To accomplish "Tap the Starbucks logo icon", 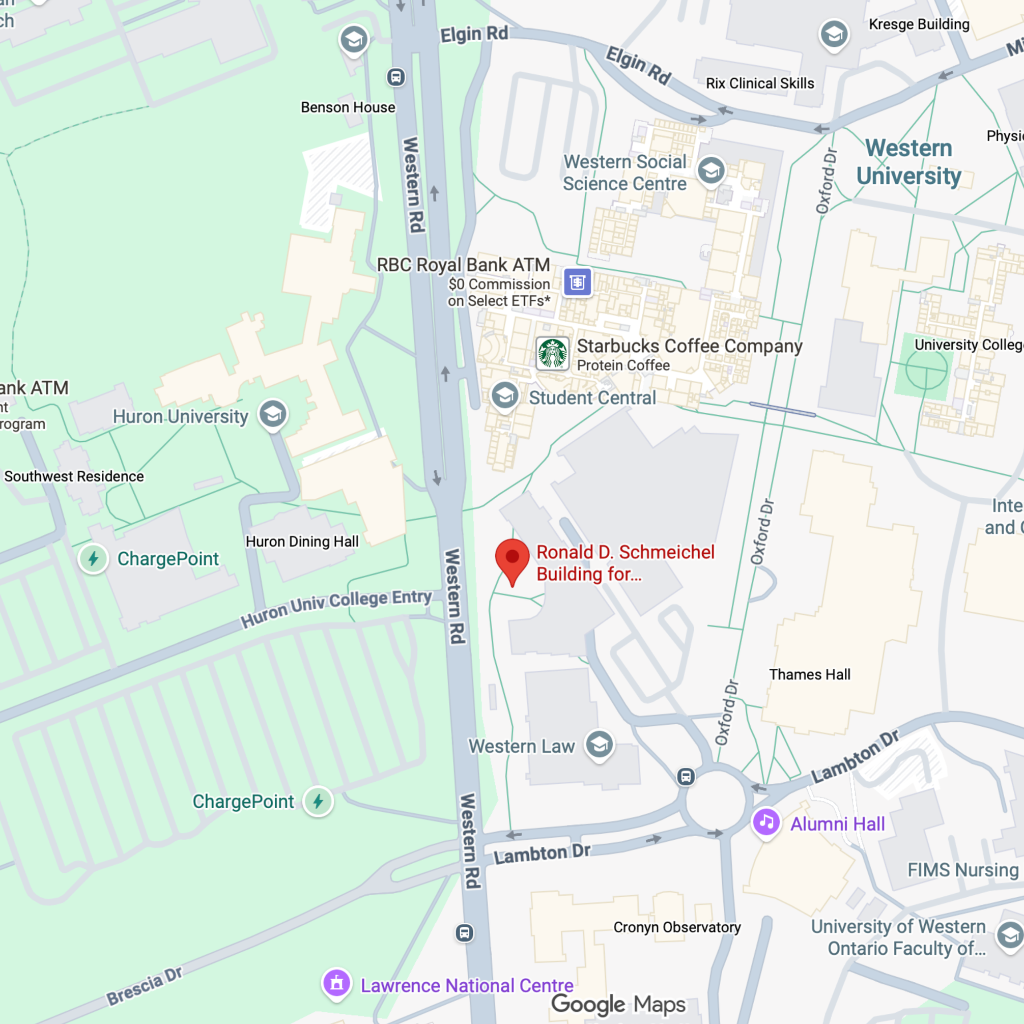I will [x=553, y=354].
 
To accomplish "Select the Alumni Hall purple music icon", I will [x=766, y=822].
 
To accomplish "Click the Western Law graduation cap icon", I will [x=599, y=745].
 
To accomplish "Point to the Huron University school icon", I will [x=273, y=414].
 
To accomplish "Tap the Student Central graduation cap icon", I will [x=504, y=396].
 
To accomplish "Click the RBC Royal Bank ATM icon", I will [x=577, y=282].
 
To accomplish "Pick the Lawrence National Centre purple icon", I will [x=336, y=984].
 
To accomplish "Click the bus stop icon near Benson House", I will [x=396, y=77].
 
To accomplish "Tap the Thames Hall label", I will [x=809, y=674].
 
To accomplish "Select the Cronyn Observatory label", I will [x=677, y=927].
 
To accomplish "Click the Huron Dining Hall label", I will [x=302, y=541].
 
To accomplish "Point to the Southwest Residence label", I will [x=74, y=476].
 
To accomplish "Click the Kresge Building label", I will [x=919, y=24].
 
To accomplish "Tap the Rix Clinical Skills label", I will [x=759, y=83].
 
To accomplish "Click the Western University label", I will [x=908, y=162].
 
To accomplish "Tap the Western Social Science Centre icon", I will [x=711, y=170].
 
